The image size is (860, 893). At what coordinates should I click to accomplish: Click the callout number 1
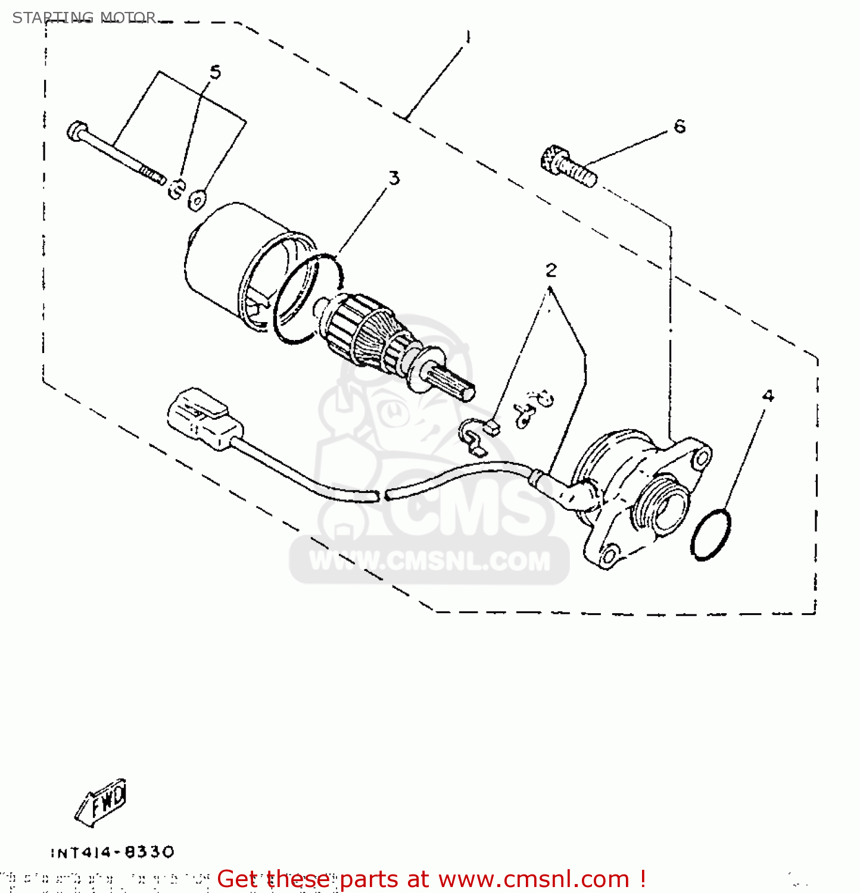click(x=468, y=38)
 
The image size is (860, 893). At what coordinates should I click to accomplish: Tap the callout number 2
click(x=551, y=270)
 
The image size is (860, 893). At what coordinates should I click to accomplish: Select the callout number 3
click(x=394, y=178)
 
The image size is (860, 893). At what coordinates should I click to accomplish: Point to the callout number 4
click(x=768, y=396)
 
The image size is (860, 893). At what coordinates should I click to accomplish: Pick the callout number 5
click(x=215, y=73)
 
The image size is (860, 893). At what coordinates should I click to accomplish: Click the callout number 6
click(x=680, y=126)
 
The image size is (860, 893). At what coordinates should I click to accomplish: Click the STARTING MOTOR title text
click(x=84, y=18)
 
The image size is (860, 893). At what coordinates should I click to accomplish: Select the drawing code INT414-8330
click(x=113, y=853)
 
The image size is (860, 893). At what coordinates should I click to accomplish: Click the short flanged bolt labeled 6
click(x=568, y=165)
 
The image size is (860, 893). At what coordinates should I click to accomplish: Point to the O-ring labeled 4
click(x=711, y=534)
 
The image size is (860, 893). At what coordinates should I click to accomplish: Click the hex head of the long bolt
click(x=77, y=131)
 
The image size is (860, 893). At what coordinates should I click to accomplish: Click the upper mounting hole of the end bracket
click(x=702, y=457)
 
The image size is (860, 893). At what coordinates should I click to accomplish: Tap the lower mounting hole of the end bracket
click(x=608, y=556)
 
